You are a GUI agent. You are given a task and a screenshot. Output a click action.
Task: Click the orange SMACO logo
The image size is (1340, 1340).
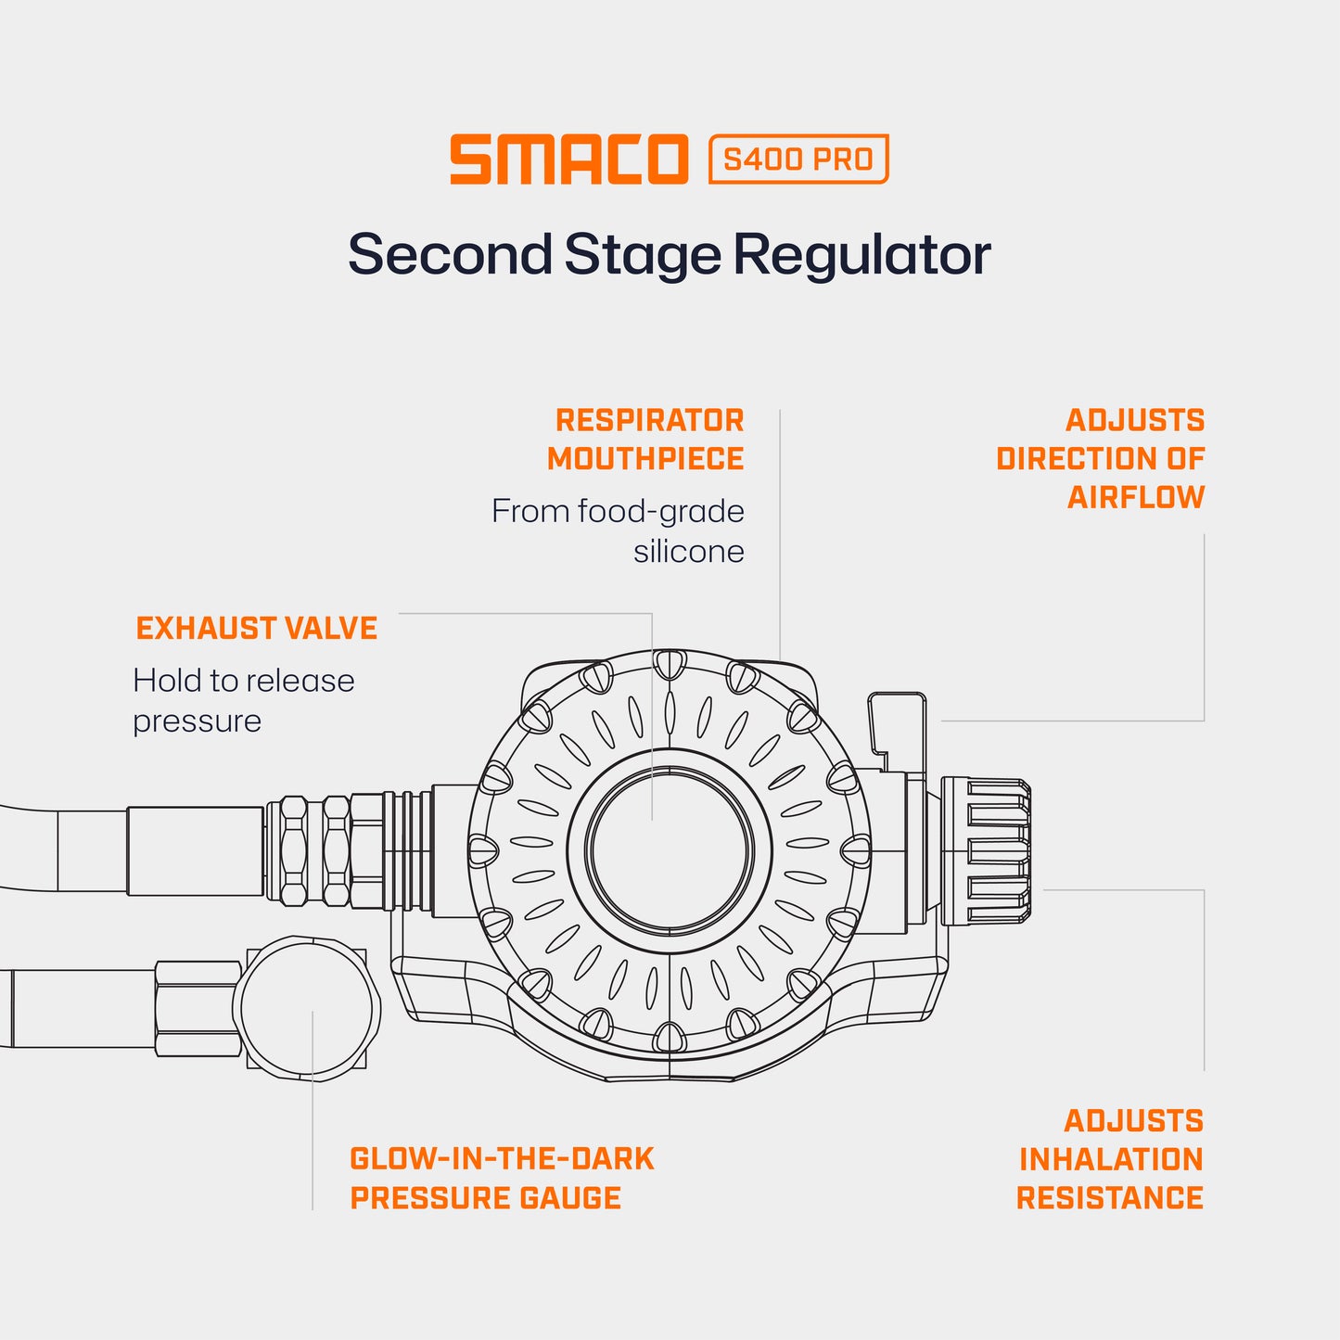[x=568, y=160]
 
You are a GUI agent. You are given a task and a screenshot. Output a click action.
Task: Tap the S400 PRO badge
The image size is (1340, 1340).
[x=798, y=160]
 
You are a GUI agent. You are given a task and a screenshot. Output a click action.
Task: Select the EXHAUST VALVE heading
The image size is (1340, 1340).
[x=257, y=629]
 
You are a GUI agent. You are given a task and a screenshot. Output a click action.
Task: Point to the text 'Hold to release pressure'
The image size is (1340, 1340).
[x=243, y=700]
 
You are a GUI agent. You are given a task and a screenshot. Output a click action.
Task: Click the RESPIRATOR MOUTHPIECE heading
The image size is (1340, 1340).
[x=647, y=440]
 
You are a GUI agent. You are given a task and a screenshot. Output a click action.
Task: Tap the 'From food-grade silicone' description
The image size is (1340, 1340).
[x=619, y=530]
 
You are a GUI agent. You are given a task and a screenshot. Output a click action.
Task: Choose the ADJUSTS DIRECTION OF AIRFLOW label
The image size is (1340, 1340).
[x=1102, y=458]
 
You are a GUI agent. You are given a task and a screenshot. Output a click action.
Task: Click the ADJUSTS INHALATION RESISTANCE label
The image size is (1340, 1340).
[x=1110, y=1159]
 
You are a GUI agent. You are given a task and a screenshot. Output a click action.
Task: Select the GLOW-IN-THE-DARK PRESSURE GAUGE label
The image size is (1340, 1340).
[x=502, y=1178]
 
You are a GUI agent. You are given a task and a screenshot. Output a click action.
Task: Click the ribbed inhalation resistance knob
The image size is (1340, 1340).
[x=986, y=851]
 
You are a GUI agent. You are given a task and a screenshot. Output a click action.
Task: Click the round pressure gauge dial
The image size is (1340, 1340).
[x=307, y=1008]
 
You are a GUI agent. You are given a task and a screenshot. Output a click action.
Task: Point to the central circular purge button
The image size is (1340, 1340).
[x=669, y=850]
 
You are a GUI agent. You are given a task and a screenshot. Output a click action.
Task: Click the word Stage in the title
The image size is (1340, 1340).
[x=642, y=254]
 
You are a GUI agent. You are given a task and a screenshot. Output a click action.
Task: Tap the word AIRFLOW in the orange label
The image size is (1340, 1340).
[x=1136, y=498]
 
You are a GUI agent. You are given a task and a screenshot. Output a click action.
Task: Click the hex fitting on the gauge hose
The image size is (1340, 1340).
[x=198, y=1009]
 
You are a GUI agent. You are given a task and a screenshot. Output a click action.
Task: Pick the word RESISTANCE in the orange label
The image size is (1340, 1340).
[x=1110, y=1198]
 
